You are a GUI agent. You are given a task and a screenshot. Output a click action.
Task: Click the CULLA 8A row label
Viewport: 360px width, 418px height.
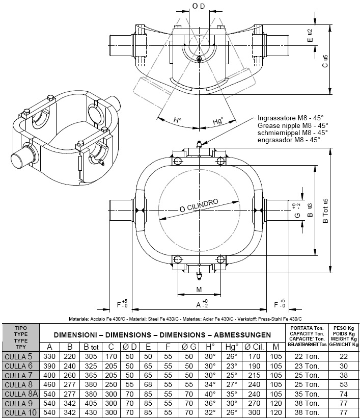(x=21, y=394)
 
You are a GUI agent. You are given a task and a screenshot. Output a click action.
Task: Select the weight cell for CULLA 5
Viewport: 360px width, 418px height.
(x=344, y=356)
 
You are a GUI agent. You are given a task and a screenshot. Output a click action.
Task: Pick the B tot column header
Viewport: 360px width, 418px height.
(x=92, y=347)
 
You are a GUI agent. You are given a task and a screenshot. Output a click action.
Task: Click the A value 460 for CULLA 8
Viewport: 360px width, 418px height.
(x=50, y=384)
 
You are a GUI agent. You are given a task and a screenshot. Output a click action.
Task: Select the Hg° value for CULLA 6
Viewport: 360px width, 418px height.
(x=232, y=365)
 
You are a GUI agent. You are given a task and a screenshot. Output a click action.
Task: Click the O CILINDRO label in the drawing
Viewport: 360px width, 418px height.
(x=199, y=206)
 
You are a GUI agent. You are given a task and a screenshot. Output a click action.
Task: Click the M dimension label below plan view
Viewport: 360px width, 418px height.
(x=198, y=290)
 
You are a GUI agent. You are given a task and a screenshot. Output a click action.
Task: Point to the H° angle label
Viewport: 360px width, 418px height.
(x=177, y=121)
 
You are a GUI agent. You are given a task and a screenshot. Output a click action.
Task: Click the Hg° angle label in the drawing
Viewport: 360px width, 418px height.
(x=218, y=121)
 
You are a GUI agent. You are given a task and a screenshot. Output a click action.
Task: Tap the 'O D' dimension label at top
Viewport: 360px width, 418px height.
(x=198, y=6)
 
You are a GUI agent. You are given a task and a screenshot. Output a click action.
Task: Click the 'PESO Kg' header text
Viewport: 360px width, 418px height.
(x=344, y=328)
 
